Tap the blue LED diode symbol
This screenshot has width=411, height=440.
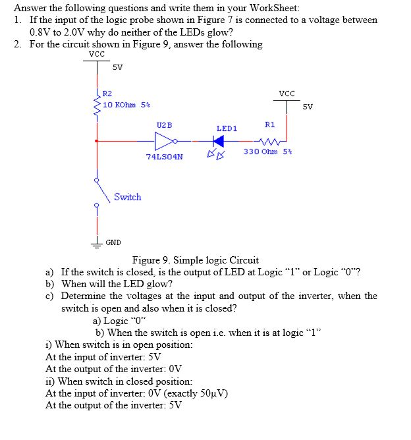[x=219, y=140]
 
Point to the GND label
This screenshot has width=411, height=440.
[x=113, y=243]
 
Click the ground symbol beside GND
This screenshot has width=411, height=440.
[x=97, y=241]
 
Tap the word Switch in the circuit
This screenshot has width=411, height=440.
[x=127, y=197]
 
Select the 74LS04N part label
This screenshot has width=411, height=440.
[x=165, y=157]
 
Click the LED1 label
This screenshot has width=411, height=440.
[x=227, y=128]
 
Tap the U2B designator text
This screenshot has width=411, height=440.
[x=164, y=124]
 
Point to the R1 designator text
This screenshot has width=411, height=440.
[x=269, y=124]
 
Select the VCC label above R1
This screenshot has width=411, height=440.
[x=287, y=94]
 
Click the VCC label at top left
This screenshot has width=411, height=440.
[x=96, y=54]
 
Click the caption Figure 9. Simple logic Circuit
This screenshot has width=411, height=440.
[x=196, y=260]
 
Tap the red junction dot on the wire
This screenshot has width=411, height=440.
[x=97, y=141]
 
